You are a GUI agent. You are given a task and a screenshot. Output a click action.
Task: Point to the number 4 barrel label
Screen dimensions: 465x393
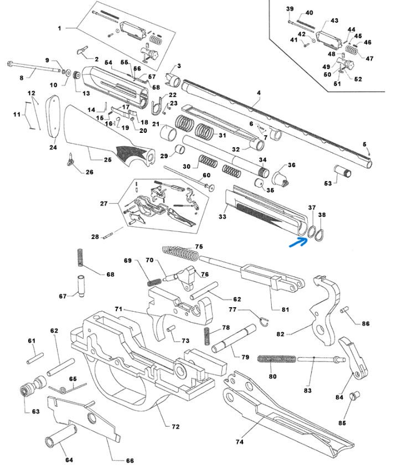tap(258, 102)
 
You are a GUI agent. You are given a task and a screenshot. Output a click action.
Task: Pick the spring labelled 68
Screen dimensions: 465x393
tap(80, 260)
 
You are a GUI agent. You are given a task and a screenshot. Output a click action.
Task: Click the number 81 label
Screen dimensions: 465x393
tap(286, 309)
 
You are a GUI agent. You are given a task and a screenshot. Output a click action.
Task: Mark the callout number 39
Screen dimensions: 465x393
tap(289, 9)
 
